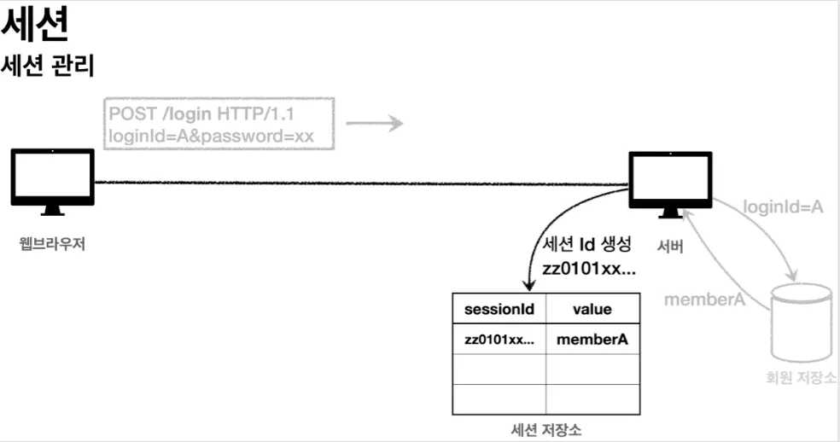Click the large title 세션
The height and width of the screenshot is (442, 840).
click(35, 26)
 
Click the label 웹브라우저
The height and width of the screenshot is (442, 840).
click(52, 244)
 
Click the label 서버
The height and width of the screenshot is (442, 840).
click(670, 245)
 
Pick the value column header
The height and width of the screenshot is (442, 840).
click(592, 309)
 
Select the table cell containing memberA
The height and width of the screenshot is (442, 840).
click(592, 340)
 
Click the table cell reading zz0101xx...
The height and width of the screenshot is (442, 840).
click(499, 340)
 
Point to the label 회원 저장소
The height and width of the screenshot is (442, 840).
click(801, 379)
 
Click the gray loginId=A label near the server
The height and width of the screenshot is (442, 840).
click(783, 206)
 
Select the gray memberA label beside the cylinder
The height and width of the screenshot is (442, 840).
click(705, 300)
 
